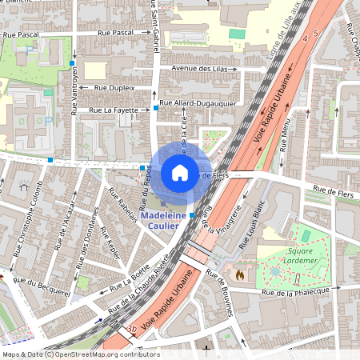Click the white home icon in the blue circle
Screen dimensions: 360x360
pyautogui.click(x=180, y=172)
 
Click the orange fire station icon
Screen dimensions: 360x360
pyautogui.click(x=238, y=273)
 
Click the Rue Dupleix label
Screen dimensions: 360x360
pyautogui.click(x=114, y=86)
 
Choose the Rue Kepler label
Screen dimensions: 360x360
pyautogui.click(x=110, y=242)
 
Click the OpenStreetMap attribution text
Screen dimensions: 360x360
pyautogui.click(x=80, y=354)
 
